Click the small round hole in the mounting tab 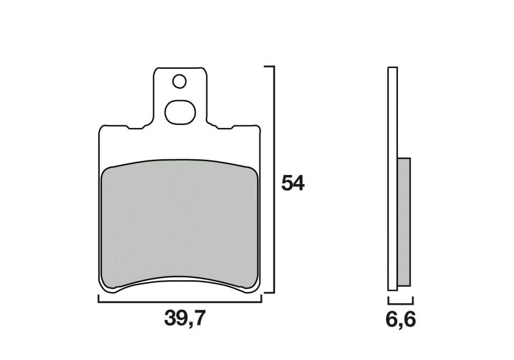(179, 81)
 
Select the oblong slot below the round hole (179, 112)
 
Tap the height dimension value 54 (293, 184)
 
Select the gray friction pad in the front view (179, 226)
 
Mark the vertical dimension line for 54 (273, 180)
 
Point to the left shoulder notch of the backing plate (135, 127)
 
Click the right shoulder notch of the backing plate (224, 127)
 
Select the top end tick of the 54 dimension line (269, 67)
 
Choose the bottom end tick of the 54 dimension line (269, 293)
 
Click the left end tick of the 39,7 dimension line (98, 299)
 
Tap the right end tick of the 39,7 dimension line (261, 299)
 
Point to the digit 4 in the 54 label (299, 184)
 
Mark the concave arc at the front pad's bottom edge (179, 282)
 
